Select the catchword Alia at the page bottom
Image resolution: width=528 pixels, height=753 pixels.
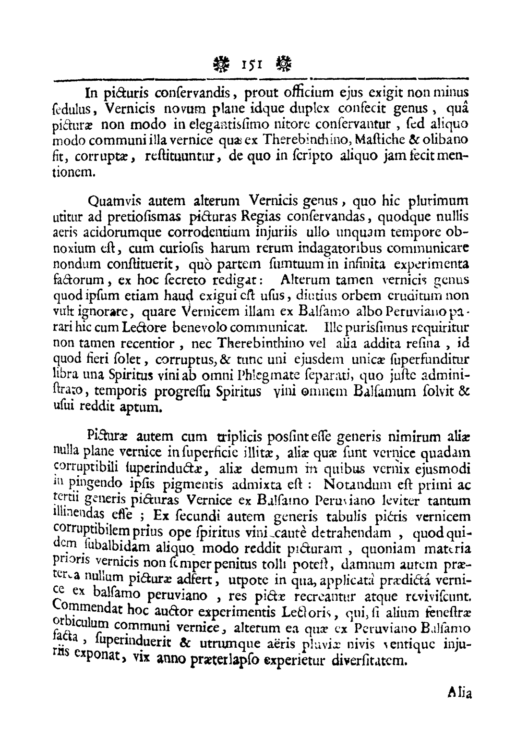tap(460, 693)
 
